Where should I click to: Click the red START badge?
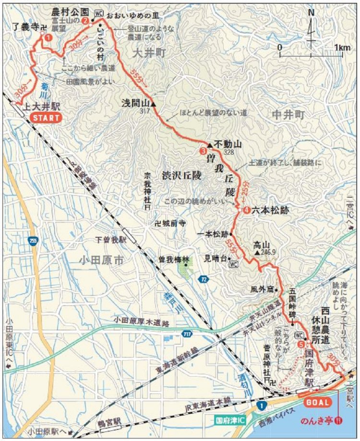click(46, 117)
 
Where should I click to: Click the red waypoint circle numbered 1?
click(47, 37)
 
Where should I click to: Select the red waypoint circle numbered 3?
click(202, 152)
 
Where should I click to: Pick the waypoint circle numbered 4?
click(246, 210)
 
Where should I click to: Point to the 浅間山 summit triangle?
click(154, 103)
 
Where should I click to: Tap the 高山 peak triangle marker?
click(257, 252)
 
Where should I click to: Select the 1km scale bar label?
click(341, 48)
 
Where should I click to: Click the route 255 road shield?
click(33, 243)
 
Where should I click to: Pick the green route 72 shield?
click(204, 279)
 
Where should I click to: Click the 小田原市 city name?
click(101, 261)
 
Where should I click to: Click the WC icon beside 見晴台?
click(234, 264)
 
